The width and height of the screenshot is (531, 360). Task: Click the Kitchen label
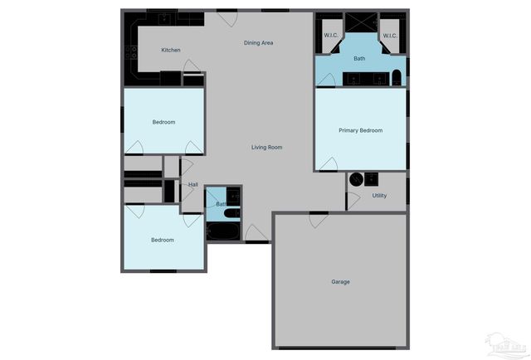170,51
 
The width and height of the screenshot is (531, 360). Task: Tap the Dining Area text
258,43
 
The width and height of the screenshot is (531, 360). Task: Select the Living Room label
267,148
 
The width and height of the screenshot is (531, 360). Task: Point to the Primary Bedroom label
360,130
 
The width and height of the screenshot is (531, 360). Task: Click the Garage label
340,282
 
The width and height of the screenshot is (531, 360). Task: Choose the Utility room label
379,196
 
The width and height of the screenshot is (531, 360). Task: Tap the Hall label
192,185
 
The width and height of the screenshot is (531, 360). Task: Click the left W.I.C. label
330,36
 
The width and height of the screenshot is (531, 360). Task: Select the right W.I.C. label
390,36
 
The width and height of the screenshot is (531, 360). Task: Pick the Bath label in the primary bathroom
359,59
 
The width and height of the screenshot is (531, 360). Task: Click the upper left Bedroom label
163,123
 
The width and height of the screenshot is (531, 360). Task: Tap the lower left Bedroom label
162,241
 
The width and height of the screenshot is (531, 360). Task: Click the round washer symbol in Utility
356,178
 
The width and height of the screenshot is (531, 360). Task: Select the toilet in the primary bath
397,79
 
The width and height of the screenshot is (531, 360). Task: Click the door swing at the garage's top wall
318,221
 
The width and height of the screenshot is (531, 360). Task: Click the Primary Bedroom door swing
329,164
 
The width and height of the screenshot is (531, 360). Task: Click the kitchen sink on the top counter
165,17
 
